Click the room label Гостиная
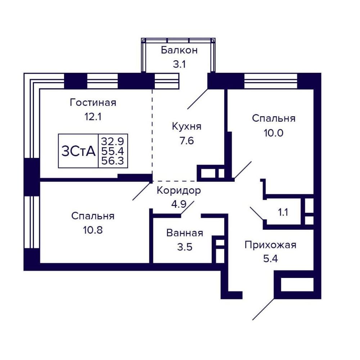(93, 103)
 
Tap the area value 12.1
(93, 117)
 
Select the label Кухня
(186, 126)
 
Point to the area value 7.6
(186, 141)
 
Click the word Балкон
(179, 50)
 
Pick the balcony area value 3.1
(179, 64)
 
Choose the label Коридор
(179, 190)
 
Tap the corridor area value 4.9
(179, 204)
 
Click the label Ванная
(185, 233)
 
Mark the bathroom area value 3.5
(185, 247)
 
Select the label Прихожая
(270, 245)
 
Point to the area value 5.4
(270, 259)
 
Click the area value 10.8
(93, 230)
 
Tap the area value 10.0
(274, 133)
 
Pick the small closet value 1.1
(283, 212)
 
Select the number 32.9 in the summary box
(113, 141)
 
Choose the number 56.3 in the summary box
(113, 161)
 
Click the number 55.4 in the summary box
(113, 151)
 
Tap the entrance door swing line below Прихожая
(264, 309)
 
